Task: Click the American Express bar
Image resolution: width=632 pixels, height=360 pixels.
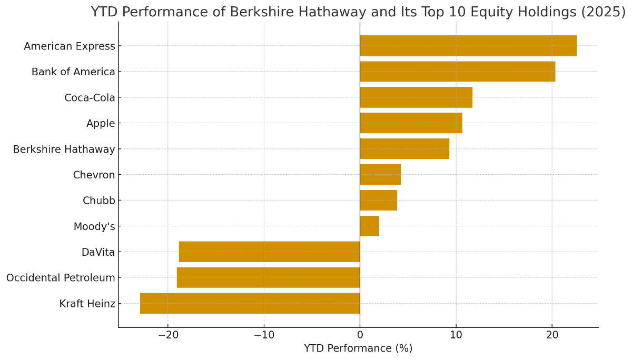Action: click(x=468, y=46)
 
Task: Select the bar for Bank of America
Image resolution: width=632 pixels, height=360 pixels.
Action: click(x=457, y=72)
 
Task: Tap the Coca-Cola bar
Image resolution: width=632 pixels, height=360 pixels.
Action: click(x=416, y=97)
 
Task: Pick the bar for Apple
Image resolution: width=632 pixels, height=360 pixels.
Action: click(x=411, y=123)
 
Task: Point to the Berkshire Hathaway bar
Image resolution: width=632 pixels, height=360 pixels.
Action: click(x=404, y=149)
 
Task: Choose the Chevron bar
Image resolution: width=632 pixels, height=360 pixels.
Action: click(x=380, y=175)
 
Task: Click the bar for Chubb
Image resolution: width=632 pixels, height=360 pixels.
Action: click(x=378, y=201)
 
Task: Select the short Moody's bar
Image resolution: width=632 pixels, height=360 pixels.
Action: click(x=369, y=226)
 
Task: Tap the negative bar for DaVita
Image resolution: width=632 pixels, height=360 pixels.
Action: click(x=269, y=252)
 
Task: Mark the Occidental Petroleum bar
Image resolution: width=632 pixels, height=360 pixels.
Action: click(x=268, y=277)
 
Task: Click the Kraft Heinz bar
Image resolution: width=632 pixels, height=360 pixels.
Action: click(x=250, y=303)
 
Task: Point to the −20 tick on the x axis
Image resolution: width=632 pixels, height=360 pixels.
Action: click(x=168, y=335)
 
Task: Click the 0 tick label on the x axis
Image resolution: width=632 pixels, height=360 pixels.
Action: click(x=360, y=335)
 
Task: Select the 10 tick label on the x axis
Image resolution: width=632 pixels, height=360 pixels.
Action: click(x=456, y=335)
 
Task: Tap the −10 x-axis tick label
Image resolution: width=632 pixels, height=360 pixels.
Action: click(x=264, y=335)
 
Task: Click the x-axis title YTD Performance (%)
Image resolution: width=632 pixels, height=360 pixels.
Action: click(x=358, y=348)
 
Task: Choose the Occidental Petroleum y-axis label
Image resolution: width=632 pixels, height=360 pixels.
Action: click(x=61, y=277)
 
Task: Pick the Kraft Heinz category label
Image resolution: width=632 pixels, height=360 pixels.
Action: click(x=87, y=304)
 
